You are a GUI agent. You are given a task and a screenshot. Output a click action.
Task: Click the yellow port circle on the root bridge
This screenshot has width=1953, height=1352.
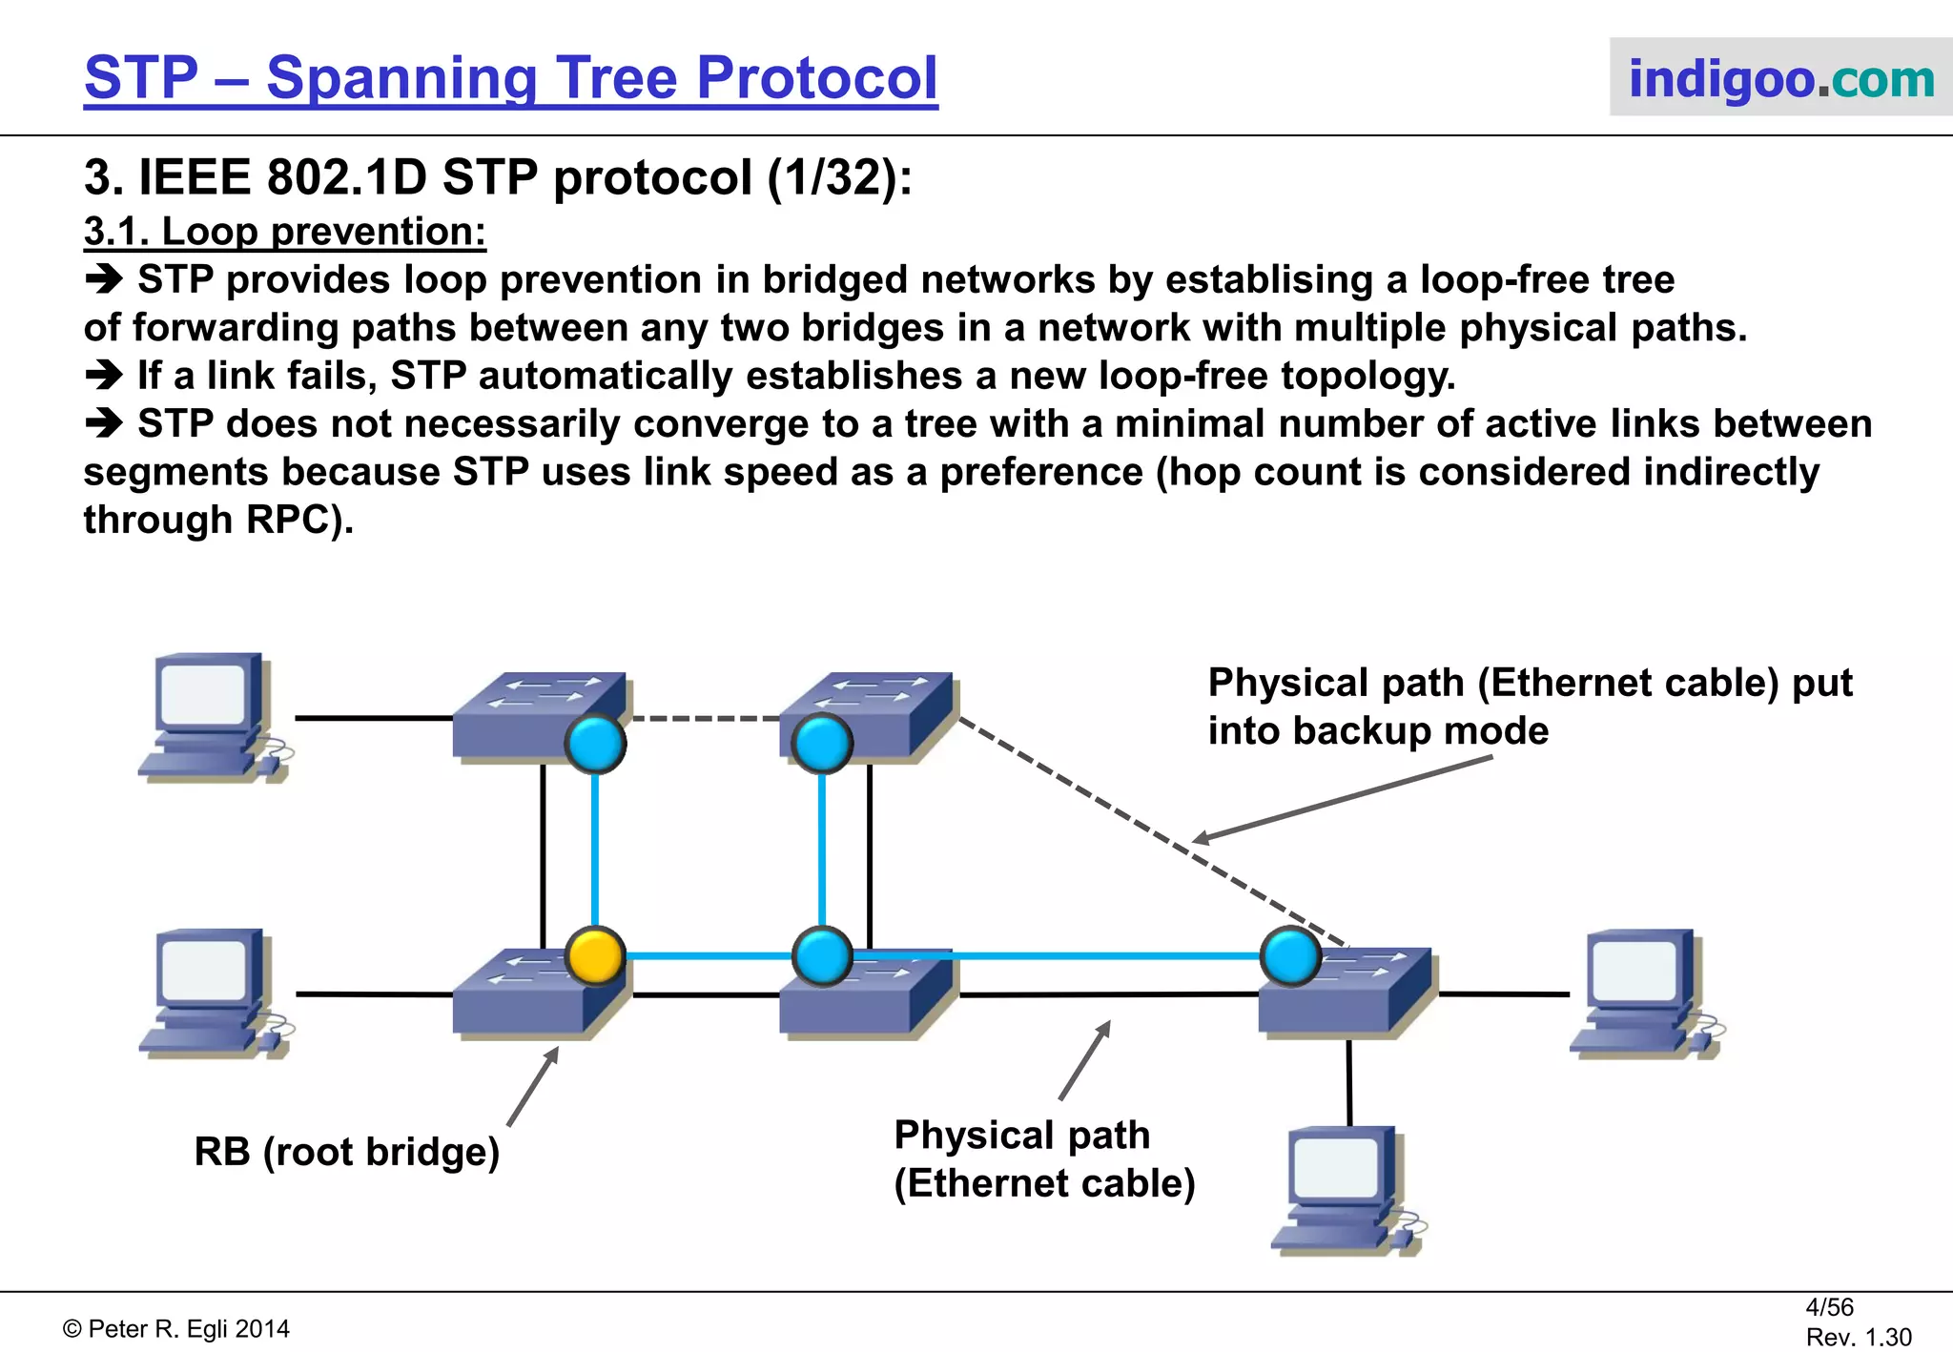click(x=595, y=955)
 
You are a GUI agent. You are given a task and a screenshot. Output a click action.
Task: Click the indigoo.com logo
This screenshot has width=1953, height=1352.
click(x=1780, y=78)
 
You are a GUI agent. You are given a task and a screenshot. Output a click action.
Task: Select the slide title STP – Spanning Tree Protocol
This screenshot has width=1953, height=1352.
click(x=511, y=78)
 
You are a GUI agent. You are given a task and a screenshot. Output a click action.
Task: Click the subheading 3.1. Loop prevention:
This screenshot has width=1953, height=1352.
click(x=285, y=232)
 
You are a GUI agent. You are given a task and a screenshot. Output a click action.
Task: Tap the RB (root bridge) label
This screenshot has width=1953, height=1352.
click(x=347, y=1152)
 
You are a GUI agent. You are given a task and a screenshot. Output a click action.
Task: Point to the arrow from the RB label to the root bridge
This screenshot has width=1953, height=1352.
click(x=533, y=1087)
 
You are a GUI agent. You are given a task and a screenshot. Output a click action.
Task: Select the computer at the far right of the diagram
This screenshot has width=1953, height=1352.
click(x=1646, y=994)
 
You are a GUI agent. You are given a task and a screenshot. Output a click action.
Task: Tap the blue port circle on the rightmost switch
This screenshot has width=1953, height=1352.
click(x=1290, y=956)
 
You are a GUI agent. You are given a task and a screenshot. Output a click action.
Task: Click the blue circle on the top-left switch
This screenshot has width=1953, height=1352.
click(x=595, y=744)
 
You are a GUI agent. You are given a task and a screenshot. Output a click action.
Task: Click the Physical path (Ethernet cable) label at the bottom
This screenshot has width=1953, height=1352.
click(x=1043, y=1158)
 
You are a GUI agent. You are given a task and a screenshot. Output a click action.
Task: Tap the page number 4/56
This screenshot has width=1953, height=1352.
click(x=1829, y=1307)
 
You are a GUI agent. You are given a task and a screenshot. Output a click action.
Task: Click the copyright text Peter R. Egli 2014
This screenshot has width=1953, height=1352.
click(x=177, y=1329)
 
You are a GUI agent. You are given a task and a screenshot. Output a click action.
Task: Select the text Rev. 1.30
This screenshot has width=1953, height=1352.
click(x=1859, y=1337)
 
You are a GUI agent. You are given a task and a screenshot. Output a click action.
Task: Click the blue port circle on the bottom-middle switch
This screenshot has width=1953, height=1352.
click(x=822, y=955)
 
